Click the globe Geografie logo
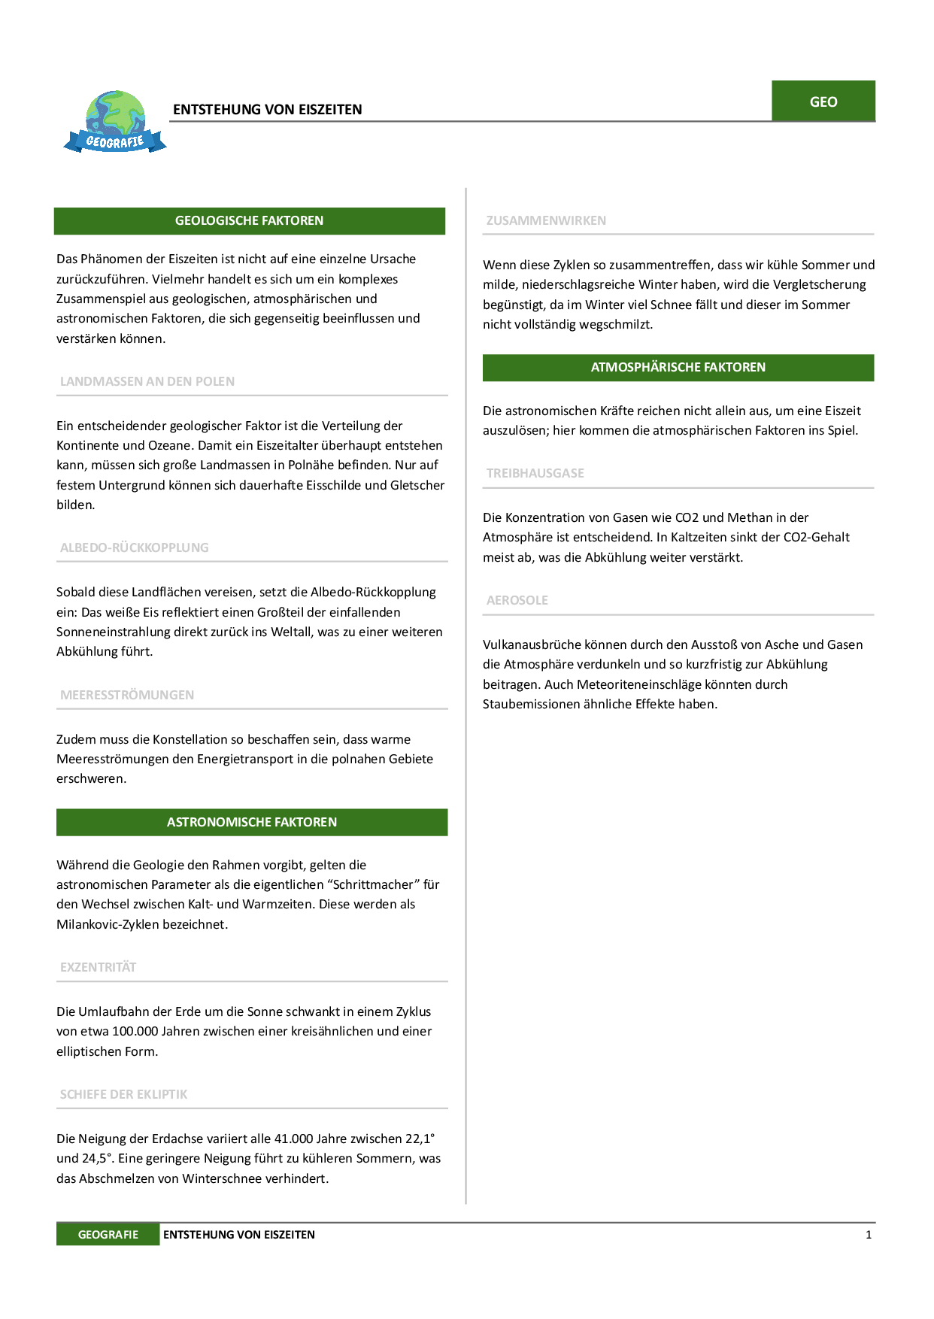pyautogui.click(x=115, y=123)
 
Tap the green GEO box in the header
pyautogui.click(x=823, y=102)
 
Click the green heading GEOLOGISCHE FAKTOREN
pyautogui.click(x=249, y=221)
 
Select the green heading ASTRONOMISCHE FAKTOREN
pyautogui.click(x=252, y=823)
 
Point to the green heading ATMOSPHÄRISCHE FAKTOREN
pyautogui.click(x=678, y=368)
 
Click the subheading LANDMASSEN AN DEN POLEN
pyautogui.click(x=147, y=382)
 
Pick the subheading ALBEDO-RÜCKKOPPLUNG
pyautogui.click(x=135, y=548)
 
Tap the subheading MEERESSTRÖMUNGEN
pyautogui.click(x=127, y=696)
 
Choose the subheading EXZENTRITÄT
pyautogui.click(x=99, y=968)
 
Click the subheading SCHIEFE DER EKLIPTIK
pyautogui.click(x=124, y=1095)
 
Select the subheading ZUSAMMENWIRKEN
pyautogui.click(x=546, y=221)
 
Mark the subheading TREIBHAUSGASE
pyautogui.click(x=535, y=474)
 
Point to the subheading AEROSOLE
pyautogui.click(x=517, y=601)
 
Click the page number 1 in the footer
pyautogui.click(x=869, y=1235)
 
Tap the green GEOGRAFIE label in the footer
pyautogui.click(x=108, y=1235)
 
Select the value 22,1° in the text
pyautogui.click(x=420, y=1139)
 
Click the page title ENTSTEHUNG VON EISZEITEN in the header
pyautogui.click(x=268, y=110)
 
